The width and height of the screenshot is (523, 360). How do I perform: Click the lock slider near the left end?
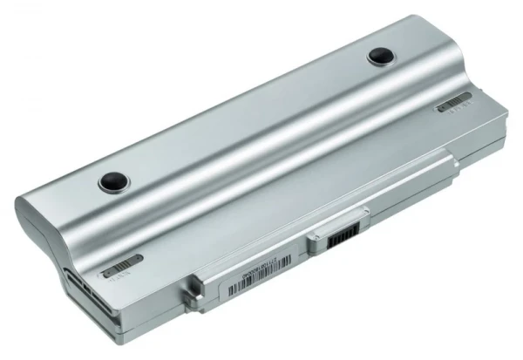pyautogui.click(x=121, y=264)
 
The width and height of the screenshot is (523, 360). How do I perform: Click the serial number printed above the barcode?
pyautogui.click(x=261, y=283)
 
